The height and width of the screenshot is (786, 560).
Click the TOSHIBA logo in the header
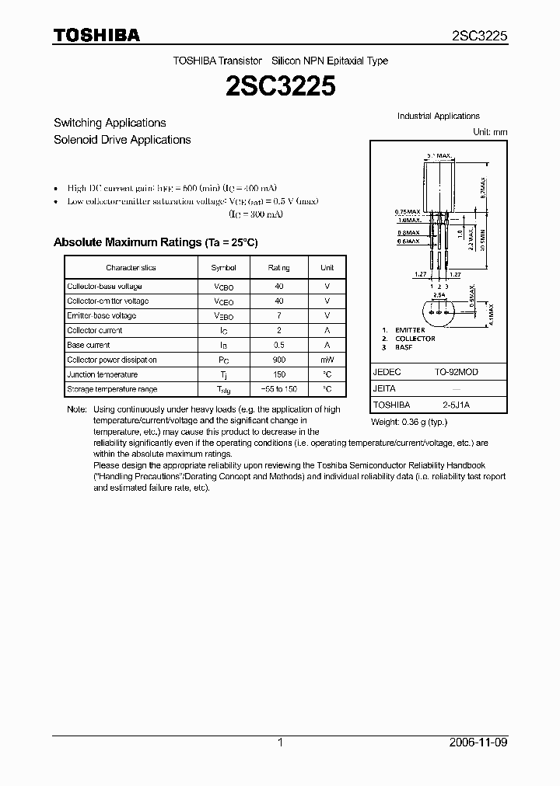click(96, 35)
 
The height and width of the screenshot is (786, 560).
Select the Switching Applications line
click(110, 123)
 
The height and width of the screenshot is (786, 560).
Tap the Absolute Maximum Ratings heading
click(155, 242)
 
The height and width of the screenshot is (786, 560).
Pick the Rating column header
click(279, 268)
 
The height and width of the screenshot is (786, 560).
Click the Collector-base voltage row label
click(104, 287)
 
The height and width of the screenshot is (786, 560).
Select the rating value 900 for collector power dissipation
click(279, 360)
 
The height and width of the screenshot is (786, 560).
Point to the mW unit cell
click(327, 360)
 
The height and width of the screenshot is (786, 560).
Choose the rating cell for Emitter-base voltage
click(279, 316)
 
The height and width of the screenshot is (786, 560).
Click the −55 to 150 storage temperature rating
click(279, 389)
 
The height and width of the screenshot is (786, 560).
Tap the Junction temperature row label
click(103, 374)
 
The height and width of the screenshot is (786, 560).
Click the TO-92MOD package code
click(456, 372)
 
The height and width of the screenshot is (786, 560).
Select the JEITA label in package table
click(384, 388)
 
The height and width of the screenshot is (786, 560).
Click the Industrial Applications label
click(438, 116)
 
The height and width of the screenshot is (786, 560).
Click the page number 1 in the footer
click(280, 743)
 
